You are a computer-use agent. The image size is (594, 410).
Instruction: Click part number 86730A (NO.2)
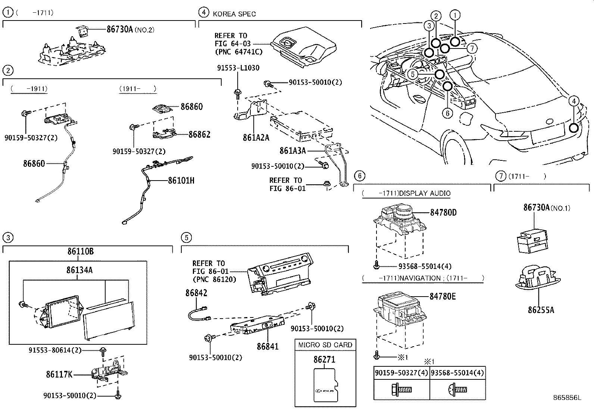point(120,29)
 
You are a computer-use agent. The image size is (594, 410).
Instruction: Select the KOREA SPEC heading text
point(234,14)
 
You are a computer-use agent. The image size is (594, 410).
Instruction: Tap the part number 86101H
point(181,181)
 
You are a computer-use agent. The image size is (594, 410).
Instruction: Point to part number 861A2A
point(256,138)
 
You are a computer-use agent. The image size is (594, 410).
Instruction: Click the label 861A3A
point(293,151)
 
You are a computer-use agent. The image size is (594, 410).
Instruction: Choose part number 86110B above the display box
point(80,251)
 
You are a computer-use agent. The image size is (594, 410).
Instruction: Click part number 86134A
point(79,270)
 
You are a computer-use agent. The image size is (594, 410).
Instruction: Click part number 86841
point(267,346)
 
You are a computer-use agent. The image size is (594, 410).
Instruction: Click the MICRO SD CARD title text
point(325,345)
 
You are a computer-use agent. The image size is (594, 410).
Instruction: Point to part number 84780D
point(443,212)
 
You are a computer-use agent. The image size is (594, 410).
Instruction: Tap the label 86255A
point(541,310)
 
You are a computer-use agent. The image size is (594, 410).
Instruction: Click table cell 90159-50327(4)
point(401,373)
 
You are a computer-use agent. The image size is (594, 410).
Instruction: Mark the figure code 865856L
point(567,398)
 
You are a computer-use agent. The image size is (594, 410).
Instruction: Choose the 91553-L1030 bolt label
point(238,68)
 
